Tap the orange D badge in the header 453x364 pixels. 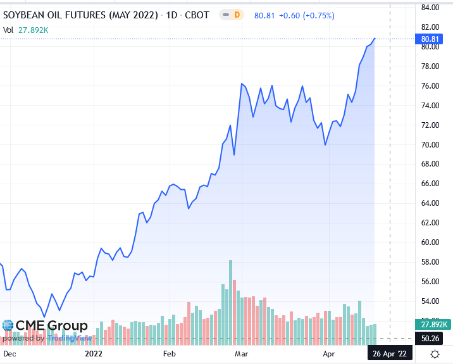(237, 14)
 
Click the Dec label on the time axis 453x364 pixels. (10, 353)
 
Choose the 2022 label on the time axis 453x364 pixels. (94, 353)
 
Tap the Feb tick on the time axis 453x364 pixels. (169, 353)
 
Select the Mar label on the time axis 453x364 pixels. (241, 353)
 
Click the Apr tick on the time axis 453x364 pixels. (328, 353)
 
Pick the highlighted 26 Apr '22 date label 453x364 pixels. (390, 353)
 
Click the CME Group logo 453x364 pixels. (44, 326)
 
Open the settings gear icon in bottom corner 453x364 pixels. (435, 353)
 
